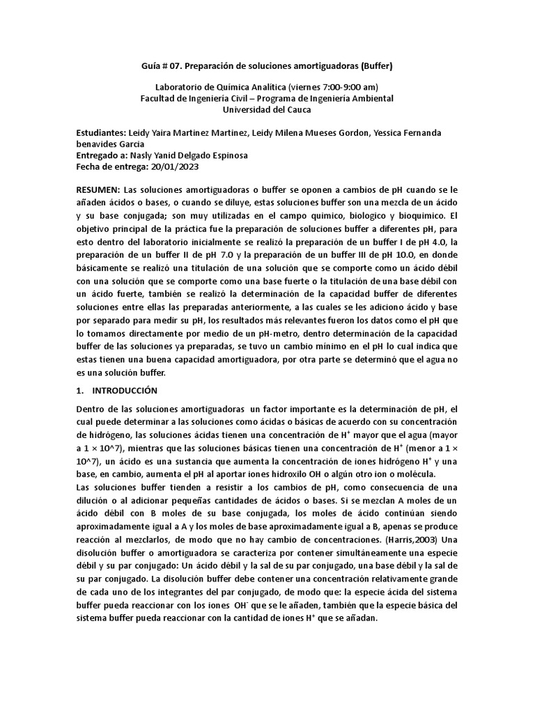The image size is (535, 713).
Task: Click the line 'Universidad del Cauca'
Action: coord(267,109)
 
